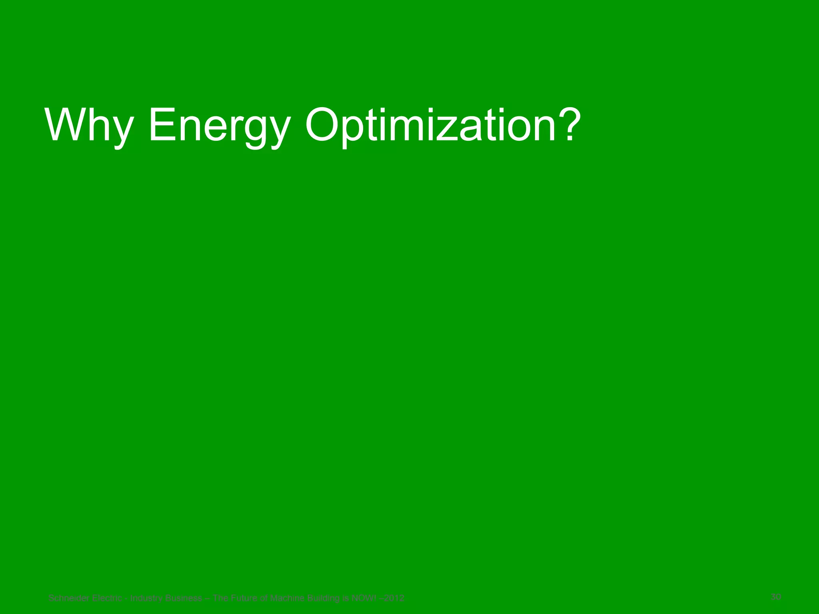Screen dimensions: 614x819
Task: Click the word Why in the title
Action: coord(89,125)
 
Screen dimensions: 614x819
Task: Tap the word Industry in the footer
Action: coord(146,598)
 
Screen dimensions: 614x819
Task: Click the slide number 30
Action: coord(776,597)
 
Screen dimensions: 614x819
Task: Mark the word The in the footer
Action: coord(220,598)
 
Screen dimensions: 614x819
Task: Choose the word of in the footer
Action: coord(264,598)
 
